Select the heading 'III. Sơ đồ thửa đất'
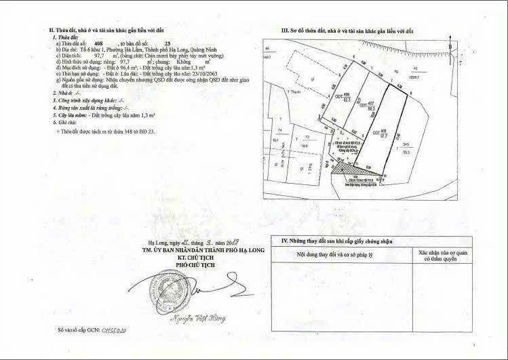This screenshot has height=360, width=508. tap(347, 32)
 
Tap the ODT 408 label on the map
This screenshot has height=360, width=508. tap(384, 132)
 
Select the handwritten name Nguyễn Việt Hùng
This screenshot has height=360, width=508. tap(208, 317)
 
